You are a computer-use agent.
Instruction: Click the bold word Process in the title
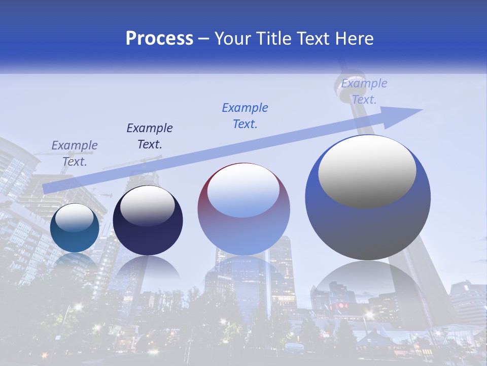coord(159,39)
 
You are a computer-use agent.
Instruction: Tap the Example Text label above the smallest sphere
coord(75,154)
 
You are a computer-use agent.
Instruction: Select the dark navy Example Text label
coord(150,136)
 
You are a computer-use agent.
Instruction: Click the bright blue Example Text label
coord(245,115)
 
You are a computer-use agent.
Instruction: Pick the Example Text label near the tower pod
coord(364,91)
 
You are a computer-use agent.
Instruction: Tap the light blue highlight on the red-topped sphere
coord(243,191)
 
